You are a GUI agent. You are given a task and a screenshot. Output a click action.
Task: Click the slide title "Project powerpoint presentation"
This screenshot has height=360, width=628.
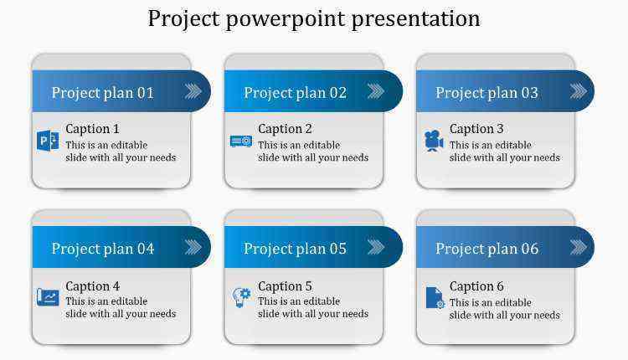coord(314,18)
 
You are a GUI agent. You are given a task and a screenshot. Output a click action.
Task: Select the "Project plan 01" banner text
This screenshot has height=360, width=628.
coord(102,93)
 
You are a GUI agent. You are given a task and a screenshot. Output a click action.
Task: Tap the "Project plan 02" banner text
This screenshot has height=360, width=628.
coord(296,93)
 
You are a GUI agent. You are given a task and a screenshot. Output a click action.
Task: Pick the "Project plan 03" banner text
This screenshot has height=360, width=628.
coord(486,93)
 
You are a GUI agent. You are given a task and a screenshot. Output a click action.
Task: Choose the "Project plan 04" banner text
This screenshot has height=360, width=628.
coord(102,249)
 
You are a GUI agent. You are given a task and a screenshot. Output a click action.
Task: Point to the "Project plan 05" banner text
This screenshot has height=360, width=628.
coord(296,249)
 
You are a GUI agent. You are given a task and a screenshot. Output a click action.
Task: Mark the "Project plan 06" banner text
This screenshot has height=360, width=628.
coord(486,249)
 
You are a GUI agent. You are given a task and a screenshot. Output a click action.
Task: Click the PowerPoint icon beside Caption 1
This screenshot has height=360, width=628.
coord(48,141)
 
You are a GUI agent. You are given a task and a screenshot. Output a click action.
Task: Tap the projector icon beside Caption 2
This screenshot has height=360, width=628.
coord(241,141)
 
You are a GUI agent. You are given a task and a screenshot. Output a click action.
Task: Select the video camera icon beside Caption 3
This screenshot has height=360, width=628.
coord(434,141)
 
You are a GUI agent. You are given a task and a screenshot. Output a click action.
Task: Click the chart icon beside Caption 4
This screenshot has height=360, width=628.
coord(48,297)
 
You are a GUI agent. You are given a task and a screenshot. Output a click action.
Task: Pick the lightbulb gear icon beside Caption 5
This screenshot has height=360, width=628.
coord(241,297)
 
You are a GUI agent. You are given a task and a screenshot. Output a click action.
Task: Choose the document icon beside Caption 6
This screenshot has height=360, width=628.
coord(435,298)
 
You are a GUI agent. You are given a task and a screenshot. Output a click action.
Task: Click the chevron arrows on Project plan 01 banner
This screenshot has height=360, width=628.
coord(193,91)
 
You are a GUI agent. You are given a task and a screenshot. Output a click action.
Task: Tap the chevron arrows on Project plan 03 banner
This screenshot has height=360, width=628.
coord(579,91)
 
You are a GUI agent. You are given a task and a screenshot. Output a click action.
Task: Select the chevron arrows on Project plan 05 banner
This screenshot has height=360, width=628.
coord(376,247)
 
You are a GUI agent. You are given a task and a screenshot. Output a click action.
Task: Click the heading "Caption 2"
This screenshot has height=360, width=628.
coord(285,129)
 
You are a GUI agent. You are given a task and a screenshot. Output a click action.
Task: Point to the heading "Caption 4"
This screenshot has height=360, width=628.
coord(92,286)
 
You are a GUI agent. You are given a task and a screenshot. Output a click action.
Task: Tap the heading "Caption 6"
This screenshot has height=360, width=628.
coord(476,286)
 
